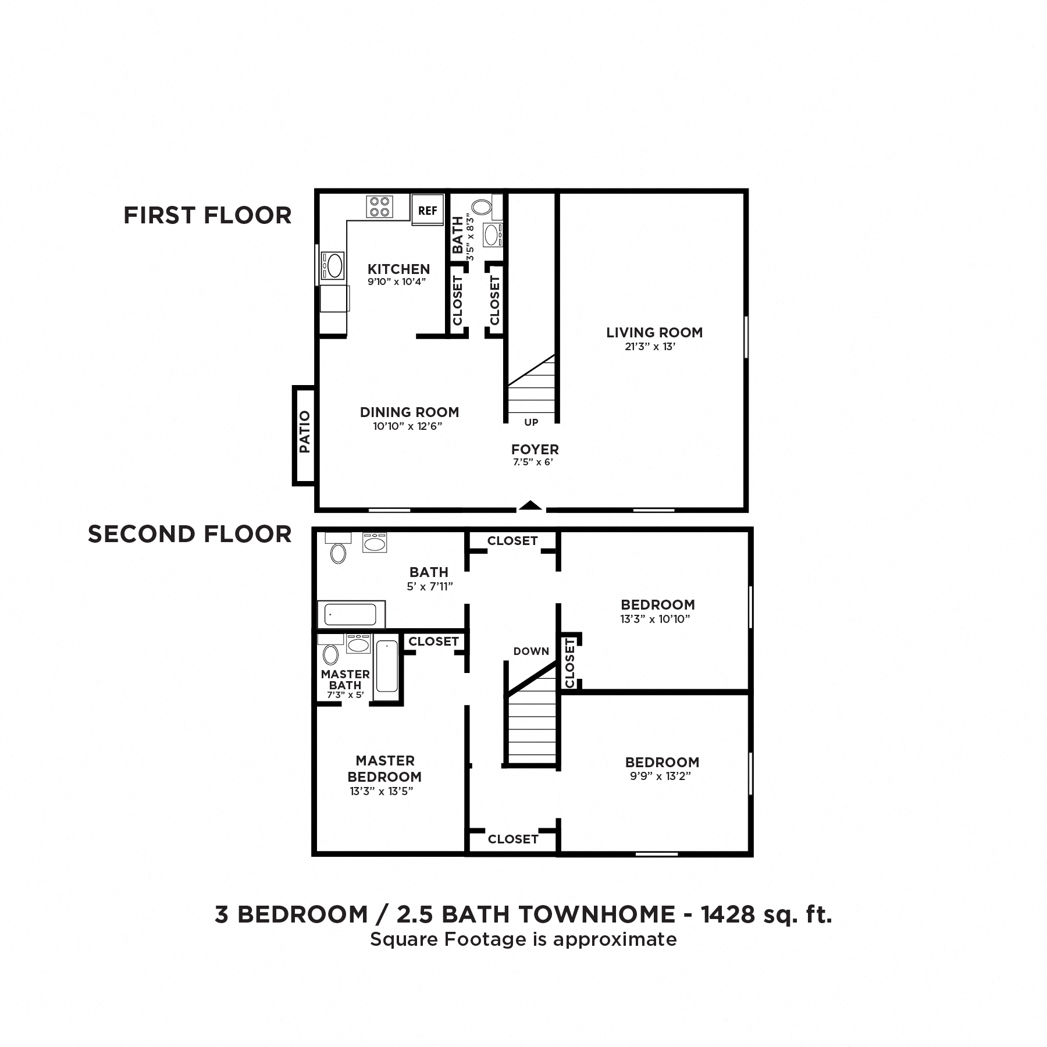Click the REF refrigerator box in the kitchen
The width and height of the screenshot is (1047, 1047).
click(428, 211)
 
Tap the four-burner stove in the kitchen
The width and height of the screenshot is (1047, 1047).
click(379, 206)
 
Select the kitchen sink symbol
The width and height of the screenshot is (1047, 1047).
click(334, 266)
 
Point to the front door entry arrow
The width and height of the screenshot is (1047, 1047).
click(530, 505)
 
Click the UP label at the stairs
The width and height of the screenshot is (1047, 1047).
click(531, 422)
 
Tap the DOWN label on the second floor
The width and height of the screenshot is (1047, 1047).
click(531, 651)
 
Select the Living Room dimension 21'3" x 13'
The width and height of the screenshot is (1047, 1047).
click(649, 347)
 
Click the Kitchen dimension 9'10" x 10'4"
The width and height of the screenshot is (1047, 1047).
click(397, 282)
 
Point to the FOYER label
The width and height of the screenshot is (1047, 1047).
click(535, 449)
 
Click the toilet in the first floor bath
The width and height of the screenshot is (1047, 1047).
click(481, 206)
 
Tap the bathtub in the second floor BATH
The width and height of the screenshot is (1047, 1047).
click(350, 614)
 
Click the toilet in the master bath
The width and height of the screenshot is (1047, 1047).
click(330, 654)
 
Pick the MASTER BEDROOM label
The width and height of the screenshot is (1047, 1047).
click(384, 768)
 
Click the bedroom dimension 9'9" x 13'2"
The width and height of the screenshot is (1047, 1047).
click(660, 776)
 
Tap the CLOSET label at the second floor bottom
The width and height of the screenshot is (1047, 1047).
click(512, 839)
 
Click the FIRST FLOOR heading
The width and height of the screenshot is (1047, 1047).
click(207, 215)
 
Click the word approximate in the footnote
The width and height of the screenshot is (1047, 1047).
click(615, 939)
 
